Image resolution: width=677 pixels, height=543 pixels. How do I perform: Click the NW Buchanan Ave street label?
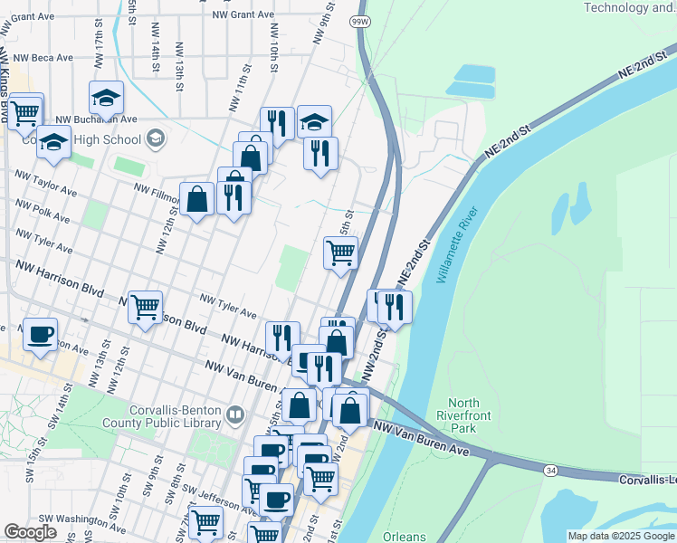click(x=96, y=119)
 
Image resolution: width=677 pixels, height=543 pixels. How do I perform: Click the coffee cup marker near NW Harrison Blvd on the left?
click(x=40, y=334)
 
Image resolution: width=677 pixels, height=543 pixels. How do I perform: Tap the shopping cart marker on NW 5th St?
click(x=340, y=253)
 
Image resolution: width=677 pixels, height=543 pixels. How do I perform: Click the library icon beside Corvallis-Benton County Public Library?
click(x=236, y=414)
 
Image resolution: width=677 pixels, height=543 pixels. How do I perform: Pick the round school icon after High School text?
click(x=156, y=139)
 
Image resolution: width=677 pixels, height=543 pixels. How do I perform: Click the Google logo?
click(x=30, y=532)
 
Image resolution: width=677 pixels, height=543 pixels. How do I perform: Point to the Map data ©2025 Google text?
click(x=620, y=536)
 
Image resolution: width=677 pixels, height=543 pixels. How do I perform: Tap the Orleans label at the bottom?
click(x=404, y=537)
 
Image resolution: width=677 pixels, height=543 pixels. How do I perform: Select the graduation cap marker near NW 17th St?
click(x=106, y=98)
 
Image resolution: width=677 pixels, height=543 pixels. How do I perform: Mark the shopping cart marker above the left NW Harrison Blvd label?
click(x=145, y=308)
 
